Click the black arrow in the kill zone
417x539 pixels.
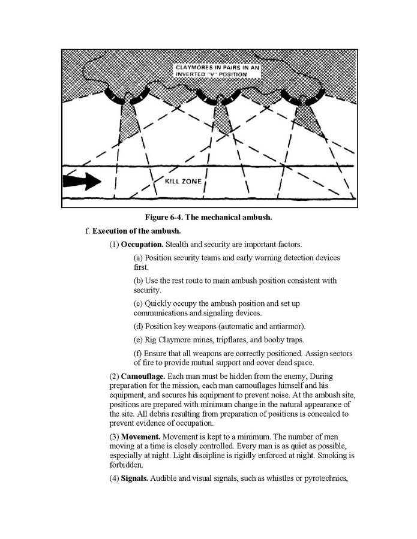click(x=83, y=180)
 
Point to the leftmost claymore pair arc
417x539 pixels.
click(x=128, y=95)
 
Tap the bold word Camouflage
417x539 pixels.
click(x=143, y=376)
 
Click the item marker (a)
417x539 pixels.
click(x=139, y=258)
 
